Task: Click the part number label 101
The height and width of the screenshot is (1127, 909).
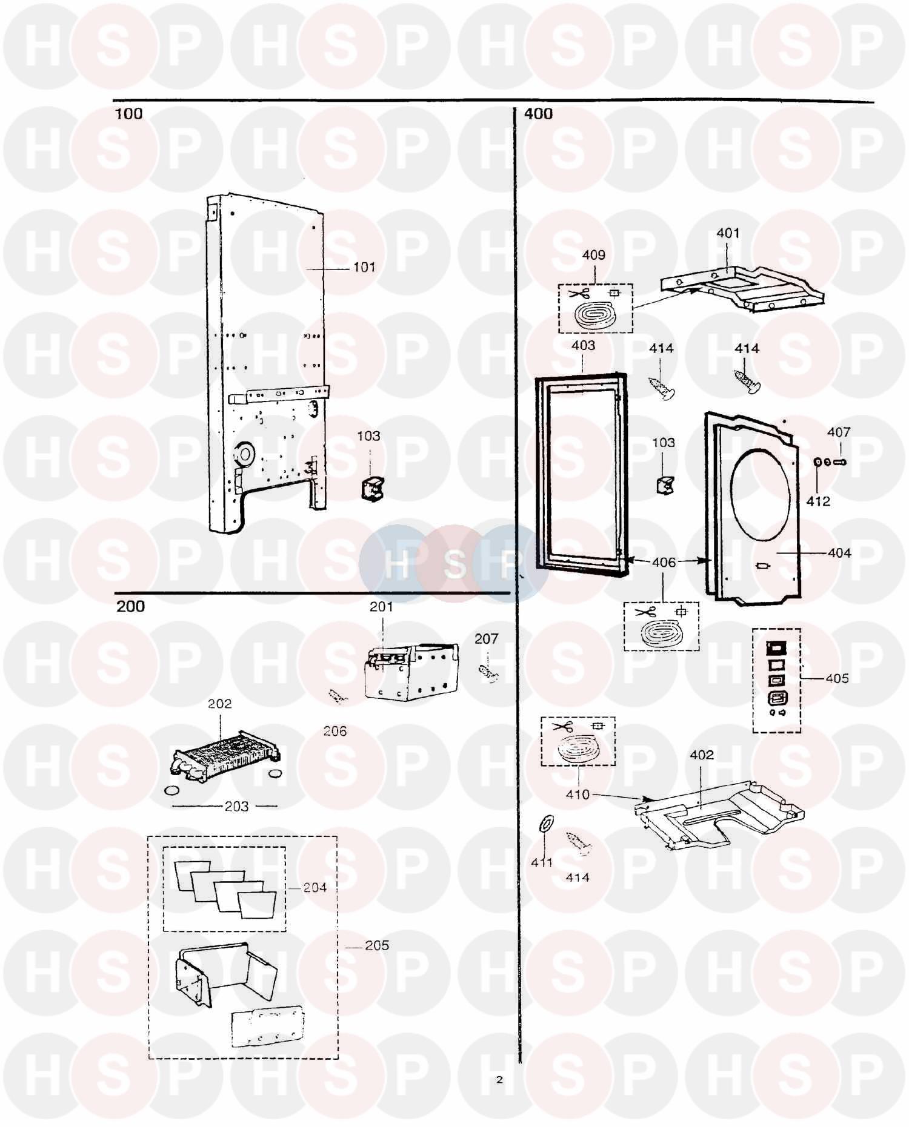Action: [x=364, y=267]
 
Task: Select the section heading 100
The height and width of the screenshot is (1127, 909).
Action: [x=128, y=114]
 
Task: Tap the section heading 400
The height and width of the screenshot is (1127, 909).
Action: [x=538, y=114]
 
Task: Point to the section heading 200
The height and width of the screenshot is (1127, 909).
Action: [x=130, y=606]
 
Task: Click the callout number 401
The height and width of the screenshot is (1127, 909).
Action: [x=728, y=233]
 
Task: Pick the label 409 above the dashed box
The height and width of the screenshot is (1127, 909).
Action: [x=593, y=255]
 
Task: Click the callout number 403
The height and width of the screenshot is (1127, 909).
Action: [x=583, y=345]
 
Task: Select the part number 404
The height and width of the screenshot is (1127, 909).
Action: [x=839, y=553]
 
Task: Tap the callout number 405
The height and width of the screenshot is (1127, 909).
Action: [x=837, y=678]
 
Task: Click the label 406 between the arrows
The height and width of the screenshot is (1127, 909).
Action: [x=664, y=562]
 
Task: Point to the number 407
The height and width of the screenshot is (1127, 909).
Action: [x=839, y=432]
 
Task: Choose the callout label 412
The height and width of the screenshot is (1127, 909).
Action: [x=818, y=501]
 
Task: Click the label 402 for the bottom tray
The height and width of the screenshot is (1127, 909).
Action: [x=702, y=755]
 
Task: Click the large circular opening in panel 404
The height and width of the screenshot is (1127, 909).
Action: [x=761, y=495]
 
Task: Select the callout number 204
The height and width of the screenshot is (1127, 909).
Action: [x=315, y=887]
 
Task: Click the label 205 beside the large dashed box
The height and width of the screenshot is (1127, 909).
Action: [x=376, y=945]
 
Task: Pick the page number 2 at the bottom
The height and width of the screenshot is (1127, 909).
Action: [x=499, y=1079]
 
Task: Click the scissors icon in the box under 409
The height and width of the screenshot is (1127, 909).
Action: [x=579, y=294]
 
